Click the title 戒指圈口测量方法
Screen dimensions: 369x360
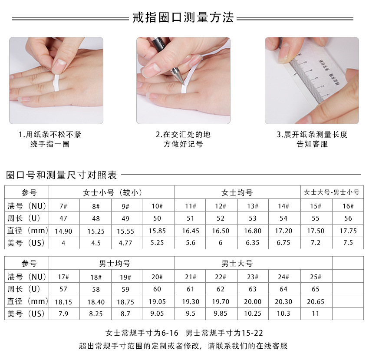tap(183, 18)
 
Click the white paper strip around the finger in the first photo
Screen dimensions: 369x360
tap(56, 83)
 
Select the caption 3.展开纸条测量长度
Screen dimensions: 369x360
tap(312, 135)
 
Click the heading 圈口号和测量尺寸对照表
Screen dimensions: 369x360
tap(61, 175)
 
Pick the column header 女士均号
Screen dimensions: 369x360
tap(237, 193)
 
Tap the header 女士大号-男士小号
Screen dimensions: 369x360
tap(332, 192)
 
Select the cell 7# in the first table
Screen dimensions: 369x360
tap(63, 206)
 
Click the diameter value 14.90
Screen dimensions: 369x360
tap(63, 231)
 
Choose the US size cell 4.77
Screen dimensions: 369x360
tap(125, 243)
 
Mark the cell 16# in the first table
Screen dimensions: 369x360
tap(348, 206)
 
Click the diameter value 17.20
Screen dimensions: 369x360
tap(283, 231)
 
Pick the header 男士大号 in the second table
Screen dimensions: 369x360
tap(237, 264)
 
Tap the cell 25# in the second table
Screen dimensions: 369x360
tap(316, 277)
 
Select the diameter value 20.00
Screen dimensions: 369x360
tap(253, 302)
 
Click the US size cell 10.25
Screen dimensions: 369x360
tap(253, 314)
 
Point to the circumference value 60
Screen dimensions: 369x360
tap(157, 289)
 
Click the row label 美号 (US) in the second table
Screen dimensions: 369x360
tap(26, 314)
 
